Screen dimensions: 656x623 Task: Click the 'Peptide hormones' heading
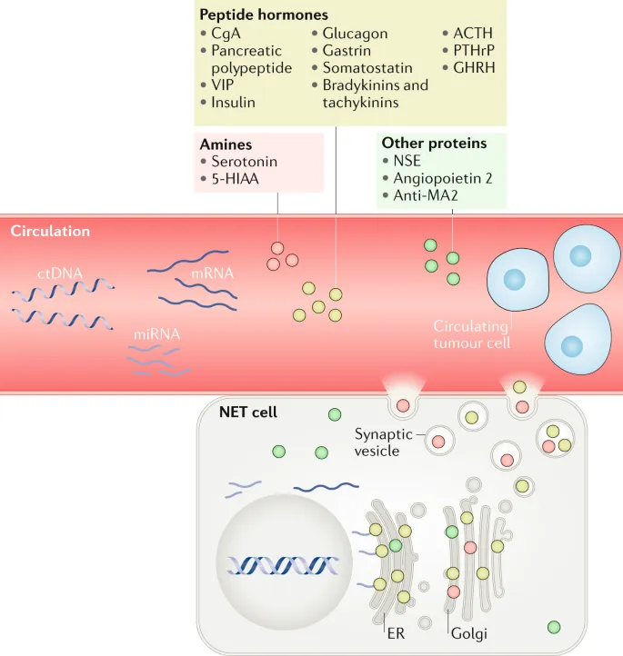(x=264, y=15)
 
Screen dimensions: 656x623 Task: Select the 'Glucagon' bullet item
(x=355, y=34)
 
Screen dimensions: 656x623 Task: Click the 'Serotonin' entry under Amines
(x=244, y=162)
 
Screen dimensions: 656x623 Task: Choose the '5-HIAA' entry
(x=236, y=179)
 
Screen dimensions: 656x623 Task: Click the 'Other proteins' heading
(x=434, y=144)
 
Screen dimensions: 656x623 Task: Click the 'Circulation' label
(x=50, y=231)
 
